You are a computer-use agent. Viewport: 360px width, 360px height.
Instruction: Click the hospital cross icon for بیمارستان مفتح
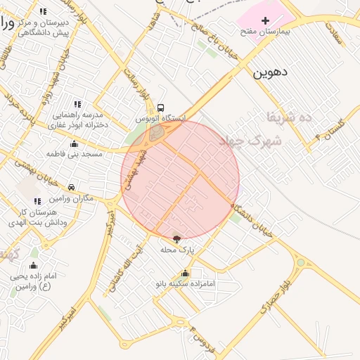[x=265, y=21]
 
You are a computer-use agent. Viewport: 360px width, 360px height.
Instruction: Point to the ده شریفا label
[x=295, y=117]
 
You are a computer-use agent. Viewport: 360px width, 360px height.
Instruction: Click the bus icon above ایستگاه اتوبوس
[x=161, y=108]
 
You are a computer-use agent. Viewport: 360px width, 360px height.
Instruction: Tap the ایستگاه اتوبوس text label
[x=162, y=119]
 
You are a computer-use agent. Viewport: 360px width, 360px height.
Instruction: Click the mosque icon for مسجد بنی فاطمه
[x=75, y=143]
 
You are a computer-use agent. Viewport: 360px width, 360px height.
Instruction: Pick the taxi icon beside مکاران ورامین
[x=72, y=188]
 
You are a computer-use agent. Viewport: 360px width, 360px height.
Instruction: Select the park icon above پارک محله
[x=176, y=239]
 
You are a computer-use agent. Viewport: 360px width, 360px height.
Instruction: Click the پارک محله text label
[x=176, y=250]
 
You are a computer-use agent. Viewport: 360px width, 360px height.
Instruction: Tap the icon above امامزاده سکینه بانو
[x=185, y=274]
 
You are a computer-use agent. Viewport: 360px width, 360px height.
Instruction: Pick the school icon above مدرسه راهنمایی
[x=77, y=104]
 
